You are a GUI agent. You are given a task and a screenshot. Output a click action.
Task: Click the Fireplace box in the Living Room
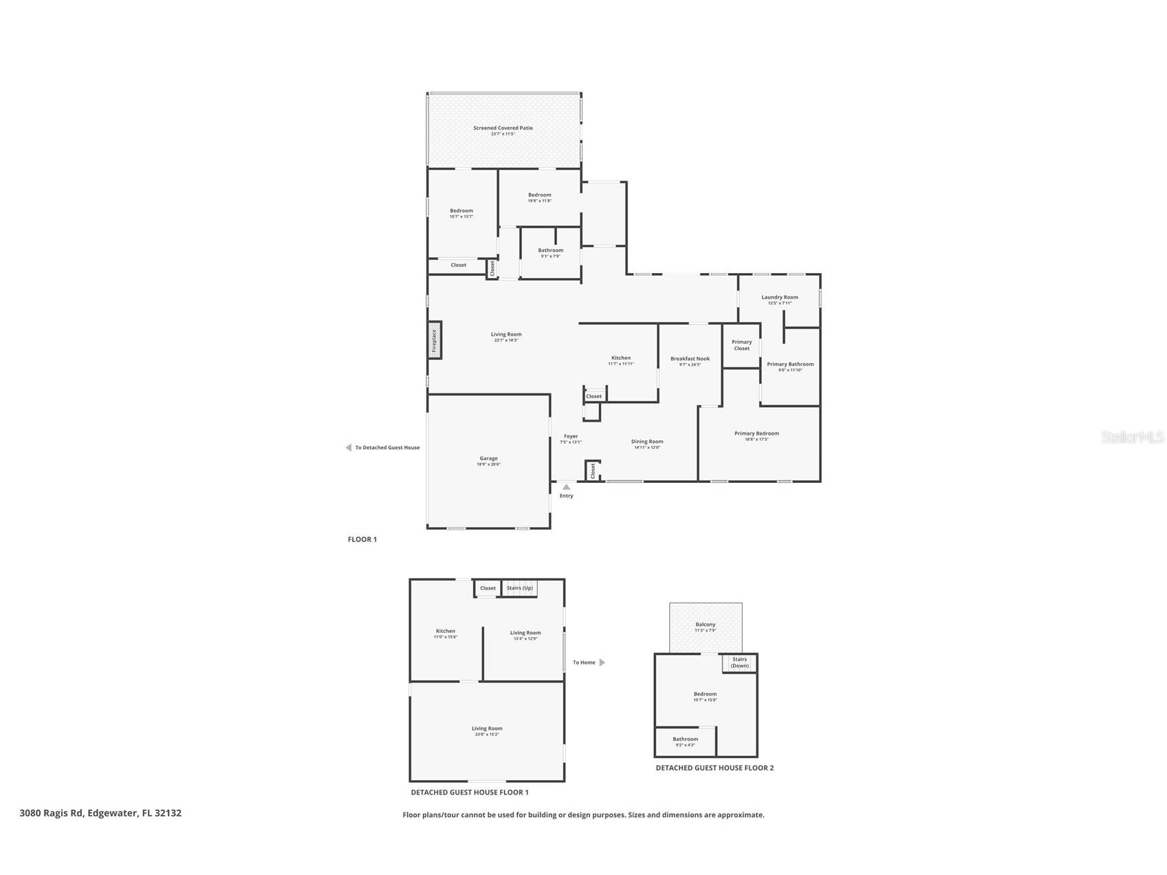click(x=435, y=340)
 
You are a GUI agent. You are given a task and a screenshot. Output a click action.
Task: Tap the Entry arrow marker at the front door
click(x=566, y=487)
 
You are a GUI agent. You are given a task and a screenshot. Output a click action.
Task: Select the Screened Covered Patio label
click(x=503, y=128)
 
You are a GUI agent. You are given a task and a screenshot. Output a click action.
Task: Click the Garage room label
click(x=488, y=458)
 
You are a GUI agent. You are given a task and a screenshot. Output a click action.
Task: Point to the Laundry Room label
click(x=779, y=297)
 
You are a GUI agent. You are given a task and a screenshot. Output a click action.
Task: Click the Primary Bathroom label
click(x=790, y=364)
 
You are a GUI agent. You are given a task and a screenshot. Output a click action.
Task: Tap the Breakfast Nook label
click(x=690, y=358)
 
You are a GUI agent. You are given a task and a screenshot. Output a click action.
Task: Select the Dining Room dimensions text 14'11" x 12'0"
click(x=647, y=448)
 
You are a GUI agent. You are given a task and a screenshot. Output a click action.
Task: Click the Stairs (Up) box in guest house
click(x=519, y=588)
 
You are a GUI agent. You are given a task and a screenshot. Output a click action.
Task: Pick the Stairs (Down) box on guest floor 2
click(x=739, y=662)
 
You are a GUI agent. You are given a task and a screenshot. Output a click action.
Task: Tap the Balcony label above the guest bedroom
click(x=705, y=625)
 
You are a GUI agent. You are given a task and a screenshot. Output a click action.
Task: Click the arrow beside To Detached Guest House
click(x=348, y=448)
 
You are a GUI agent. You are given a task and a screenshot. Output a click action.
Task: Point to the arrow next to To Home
click(x=602, y=662)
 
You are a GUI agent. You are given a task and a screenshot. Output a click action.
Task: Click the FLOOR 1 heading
click(x=362, y=539)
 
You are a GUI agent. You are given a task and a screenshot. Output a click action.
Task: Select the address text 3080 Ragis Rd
click(x=52, y=812)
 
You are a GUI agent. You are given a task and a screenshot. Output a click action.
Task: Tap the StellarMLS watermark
click(x=1132, y=437)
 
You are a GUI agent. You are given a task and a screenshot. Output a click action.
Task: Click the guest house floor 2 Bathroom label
click(x=685, y=739)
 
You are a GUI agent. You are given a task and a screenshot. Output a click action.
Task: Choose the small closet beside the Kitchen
click(x=594, y=396)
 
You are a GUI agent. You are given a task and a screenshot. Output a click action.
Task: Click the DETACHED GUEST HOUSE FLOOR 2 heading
click(x=715, y=768)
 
